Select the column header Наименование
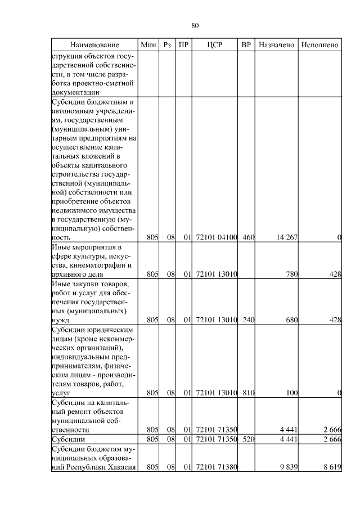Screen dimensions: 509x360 (94, 44)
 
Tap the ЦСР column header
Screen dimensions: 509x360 (215, 44)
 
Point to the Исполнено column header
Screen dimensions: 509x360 (320, 44)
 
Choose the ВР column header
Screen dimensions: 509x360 (246, 44)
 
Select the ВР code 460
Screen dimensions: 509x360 (248, 238)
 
